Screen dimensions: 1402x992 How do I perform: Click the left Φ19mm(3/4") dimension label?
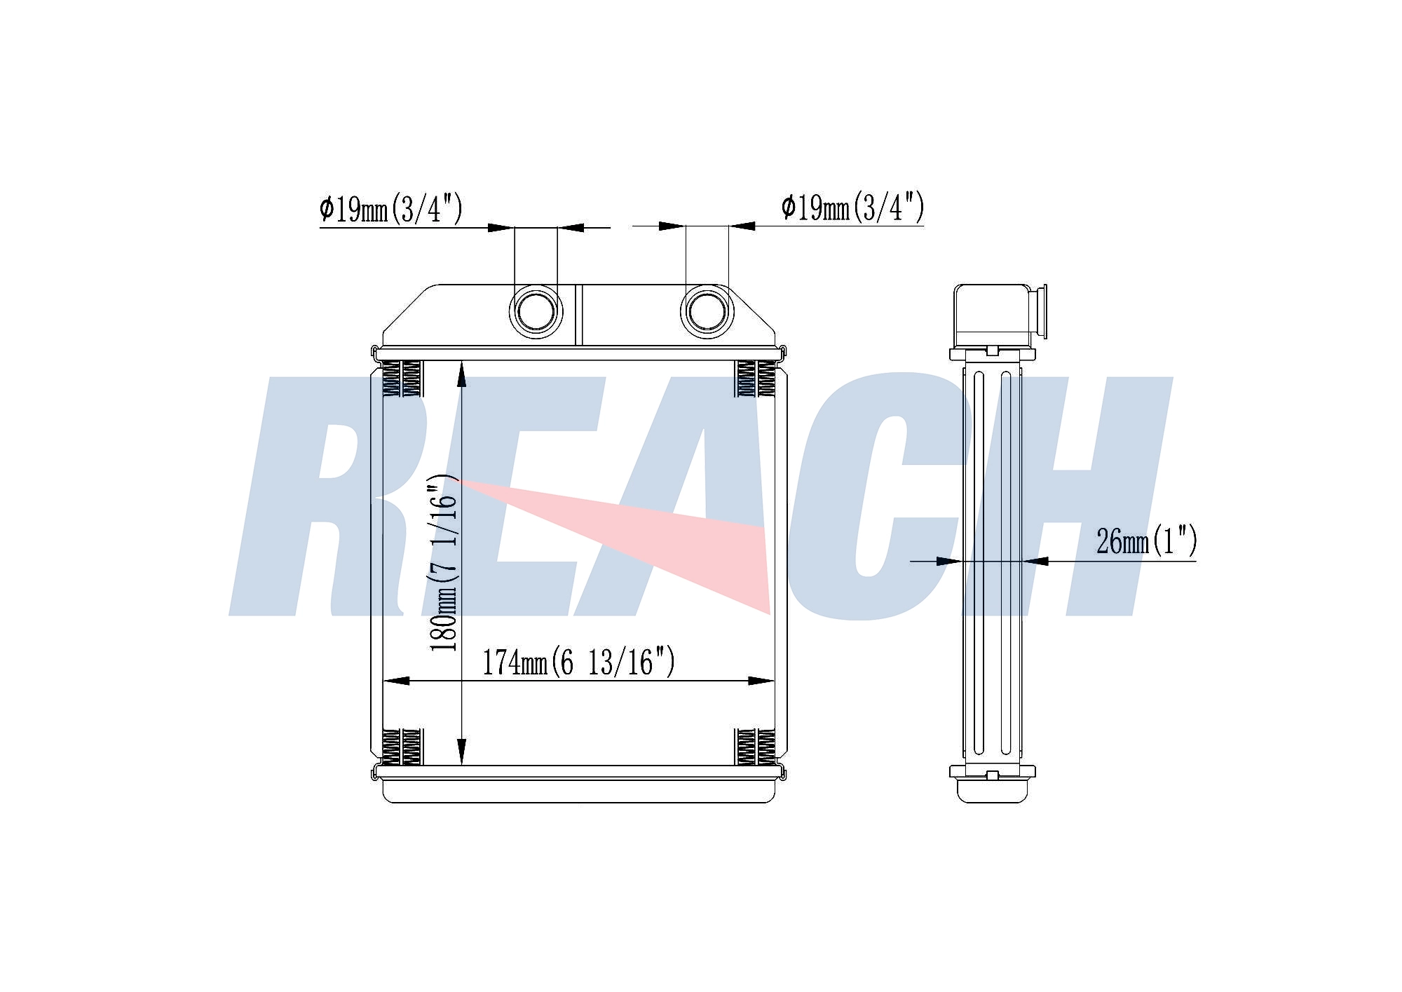click(390, 208)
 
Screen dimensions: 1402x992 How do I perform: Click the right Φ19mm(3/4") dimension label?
click(852, 207)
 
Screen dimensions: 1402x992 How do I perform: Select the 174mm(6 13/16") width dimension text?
click(578, 662)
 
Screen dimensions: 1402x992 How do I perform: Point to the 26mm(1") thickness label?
click(1146, 541)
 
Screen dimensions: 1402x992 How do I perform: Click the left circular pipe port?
click(536, 311)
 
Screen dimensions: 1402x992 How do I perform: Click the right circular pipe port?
click(707, 311)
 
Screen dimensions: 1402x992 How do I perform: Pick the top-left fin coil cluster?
click(402, 379)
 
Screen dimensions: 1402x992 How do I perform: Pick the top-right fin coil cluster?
click(756, 379)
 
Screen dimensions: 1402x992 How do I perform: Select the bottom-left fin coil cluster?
click(402, 747)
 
